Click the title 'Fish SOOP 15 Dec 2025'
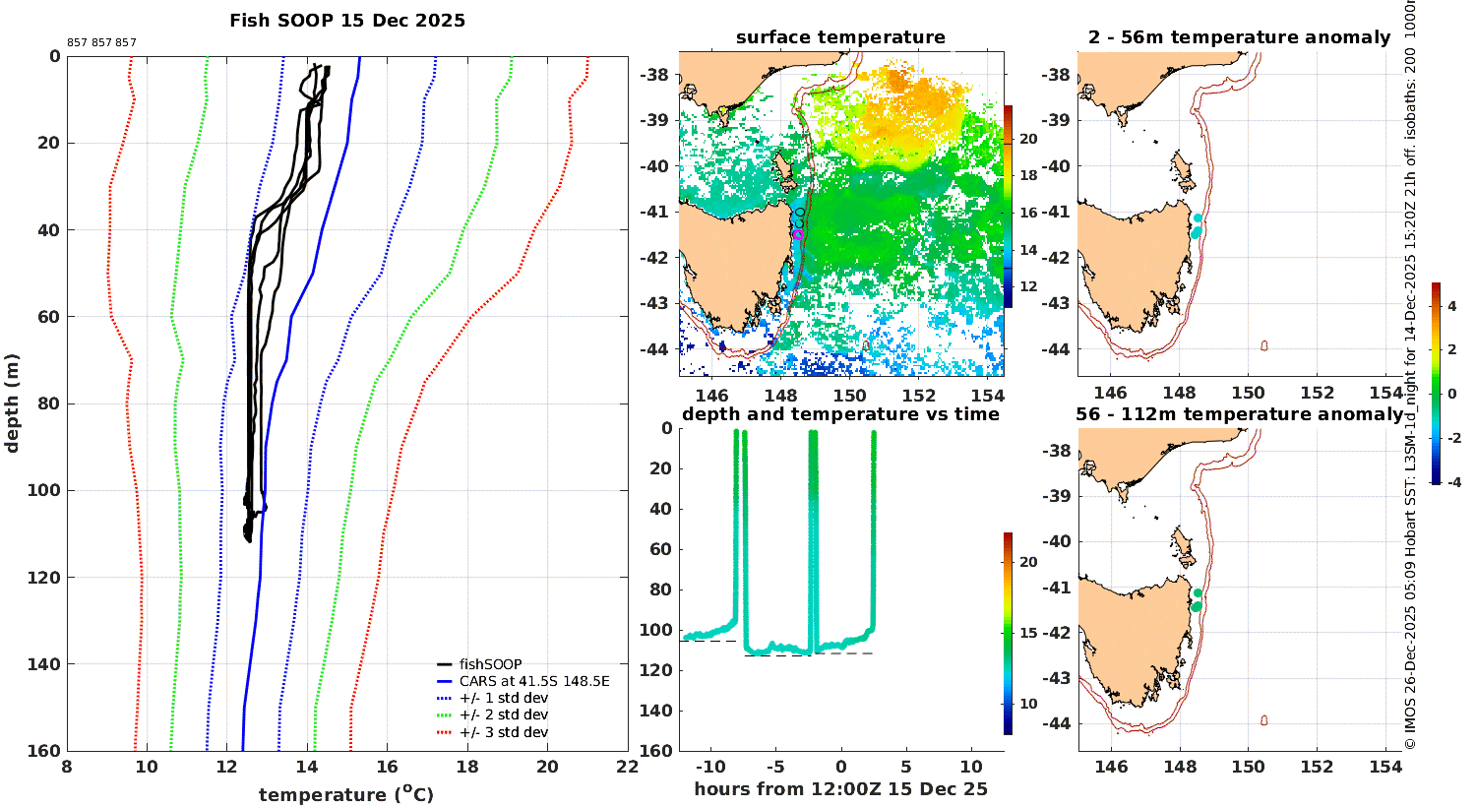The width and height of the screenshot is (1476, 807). point(347,21)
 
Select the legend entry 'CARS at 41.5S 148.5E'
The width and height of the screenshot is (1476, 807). point(534,681)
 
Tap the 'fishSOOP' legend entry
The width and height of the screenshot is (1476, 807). point(490,664)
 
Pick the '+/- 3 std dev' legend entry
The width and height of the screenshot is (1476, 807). point(503,732)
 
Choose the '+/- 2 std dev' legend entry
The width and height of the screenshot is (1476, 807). point(503,715)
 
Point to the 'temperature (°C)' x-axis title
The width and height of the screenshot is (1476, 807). point(345,794)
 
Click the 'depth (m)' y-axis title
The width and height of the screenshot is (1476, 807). point(13,403)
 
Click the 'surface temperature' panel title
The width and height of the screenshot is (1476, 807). point(840,37)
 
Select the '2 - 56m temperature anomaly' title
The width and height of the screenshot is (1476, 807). point(1239,37)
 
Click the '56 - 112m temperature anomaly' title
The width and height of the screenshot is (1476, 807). point(1239,414)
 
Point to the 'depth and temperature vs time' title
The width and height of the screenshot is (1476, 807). point(840,414)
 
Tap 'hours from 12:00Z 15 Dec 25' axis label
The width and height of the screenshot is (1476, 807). point(840,789)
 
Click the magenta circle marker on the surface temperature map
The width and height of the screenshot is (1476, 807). point(797,234)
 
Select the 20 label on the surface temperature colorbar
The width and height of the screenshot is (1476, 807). point(1028,139)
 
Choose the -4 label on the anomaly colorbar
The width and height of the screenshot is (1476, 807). point(1451,482)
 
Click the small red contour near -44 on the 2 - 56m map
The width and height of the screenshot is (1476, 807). point(1263,345)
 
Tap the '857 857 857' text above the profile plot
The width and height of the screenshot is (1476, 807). point(101,43)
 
